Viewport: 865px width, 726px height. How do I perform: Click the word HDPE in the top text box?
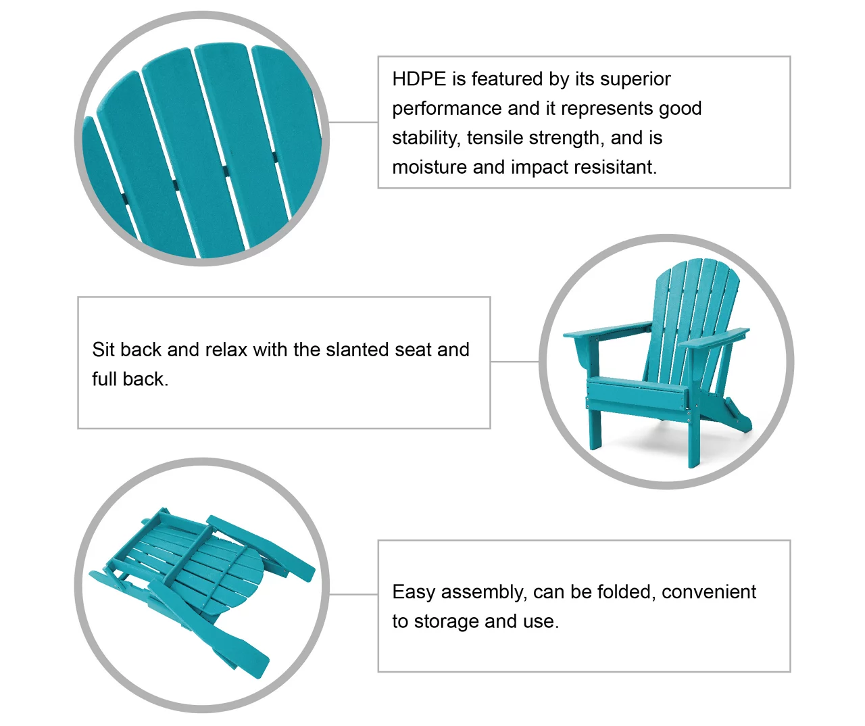coord(419,78)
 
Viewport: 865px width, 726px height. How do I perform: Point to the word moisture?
coord(429,168)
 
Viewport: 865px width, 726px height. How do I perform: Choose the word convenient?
coord(709,593)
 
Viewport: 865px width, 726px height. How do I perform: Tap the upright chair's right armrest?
coord(714,338)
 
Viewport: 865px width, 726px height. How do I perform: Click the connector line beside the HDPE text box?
coord(353,122)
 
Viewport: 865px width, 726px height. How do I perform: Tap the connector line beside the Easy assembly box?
coord(353,594)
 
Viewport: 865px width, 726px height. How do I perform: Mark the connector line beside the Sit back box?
coord(515,362)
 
